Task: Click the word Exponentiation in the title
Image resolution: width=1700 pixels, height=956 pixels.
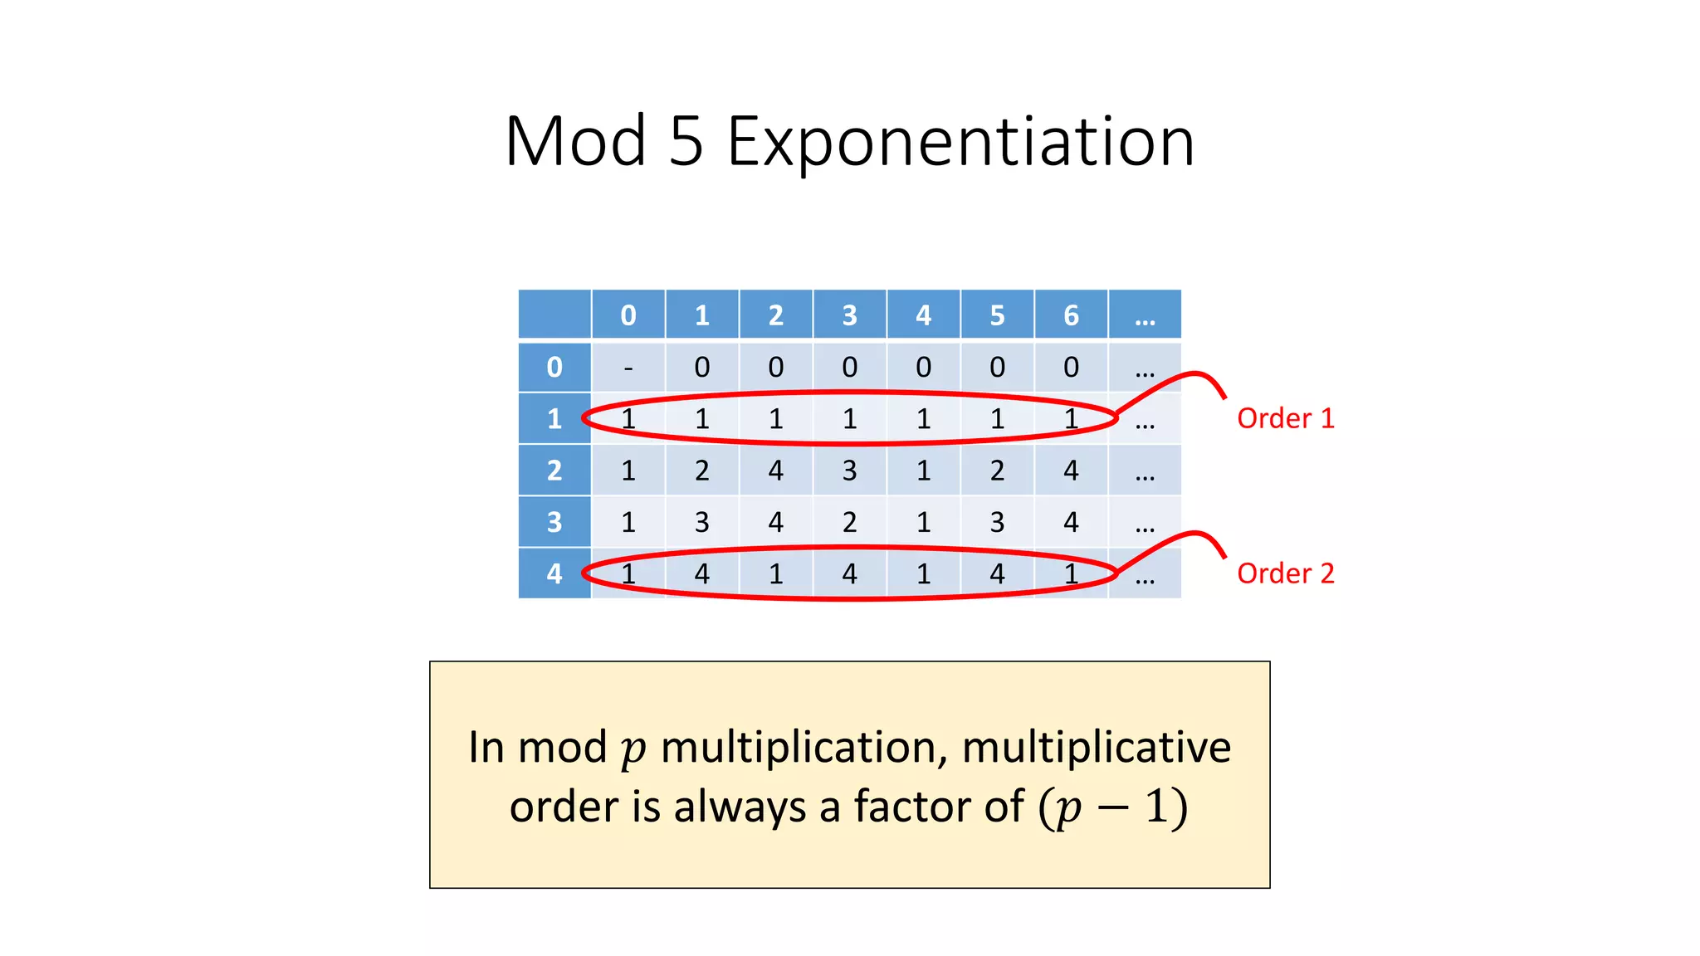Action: click(960, 142)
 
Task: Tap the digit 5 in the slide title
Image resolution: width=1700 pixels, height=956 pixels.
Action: click(686, 142)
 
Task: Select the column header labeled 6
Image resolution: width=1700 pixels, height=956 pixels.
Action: click(1071, 315)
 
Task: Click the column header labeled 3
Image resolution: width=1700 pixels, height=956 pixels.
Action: click(849, 315)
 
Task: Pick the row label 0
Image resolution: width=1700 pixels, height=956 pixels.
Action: click(554, 367)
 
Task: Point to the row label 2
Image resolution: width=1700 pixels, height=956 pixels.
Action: click(554, 471)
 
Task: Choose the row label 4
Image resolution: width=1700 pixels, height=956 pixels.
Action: click(554, 573)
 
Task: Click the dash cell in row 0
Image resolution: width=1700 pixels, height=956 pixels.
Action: click(628, 368)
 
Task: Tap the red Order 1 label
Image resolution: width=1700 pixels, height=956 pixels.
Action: click(1285, 418)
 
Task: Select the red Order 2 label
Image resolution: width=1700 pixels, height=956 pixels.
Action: click(1285, 573)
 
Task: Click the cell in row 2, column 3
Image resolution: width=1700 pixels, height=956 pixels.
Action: click(849, 471)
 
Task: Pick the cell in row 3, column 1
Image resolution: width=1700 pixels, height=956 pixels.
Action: click(702, 522)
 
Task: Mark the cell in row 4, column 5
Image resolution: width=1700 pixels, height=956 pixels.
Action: click(997, 573)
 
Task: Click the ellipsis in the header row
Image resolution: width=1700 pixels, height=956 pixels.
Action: click(1145, 315)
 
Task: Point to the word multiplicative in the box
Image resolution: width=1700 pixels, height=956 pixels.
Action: click(1096, 747)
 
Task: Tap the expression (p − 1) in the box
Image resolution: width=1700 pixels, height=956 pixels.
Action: click(1113, 807)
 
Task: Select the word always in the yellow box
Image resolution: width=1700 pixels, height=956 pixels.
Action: click(740, 807)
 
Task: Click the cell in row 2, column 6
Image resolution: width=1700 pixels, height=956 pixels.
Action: click(1071, 471)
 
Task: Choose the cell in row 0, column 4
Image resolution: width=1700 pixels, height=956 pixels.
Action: click(923, 367)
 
